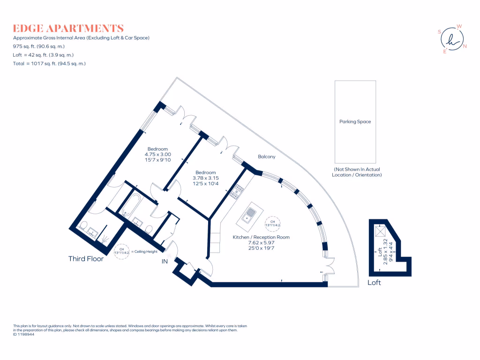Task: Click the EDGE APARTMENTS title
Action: click(68, 28)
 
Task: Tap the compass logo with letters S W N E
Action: click(452, 39)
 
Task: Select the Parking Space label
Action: click(355, 122)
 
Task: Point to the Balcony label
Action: click(266, 157)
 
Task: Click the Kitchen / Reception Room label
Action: click(261, 237)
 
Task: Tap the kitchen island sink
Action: click(250, 216)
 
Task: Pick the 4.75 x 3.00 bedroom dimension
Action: click(157, 154)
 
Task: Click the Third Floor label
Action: click(86, 259)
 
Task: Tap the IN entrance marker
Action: click(165, 262)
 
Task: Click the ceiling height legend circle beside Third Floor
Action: click(122, 252)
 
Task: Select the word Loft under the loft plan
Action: click(374, 282)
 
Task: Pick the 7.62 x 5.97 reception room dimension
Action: click(261, 243)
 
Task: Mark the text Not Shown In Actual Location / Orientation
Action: click(358, 172)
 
